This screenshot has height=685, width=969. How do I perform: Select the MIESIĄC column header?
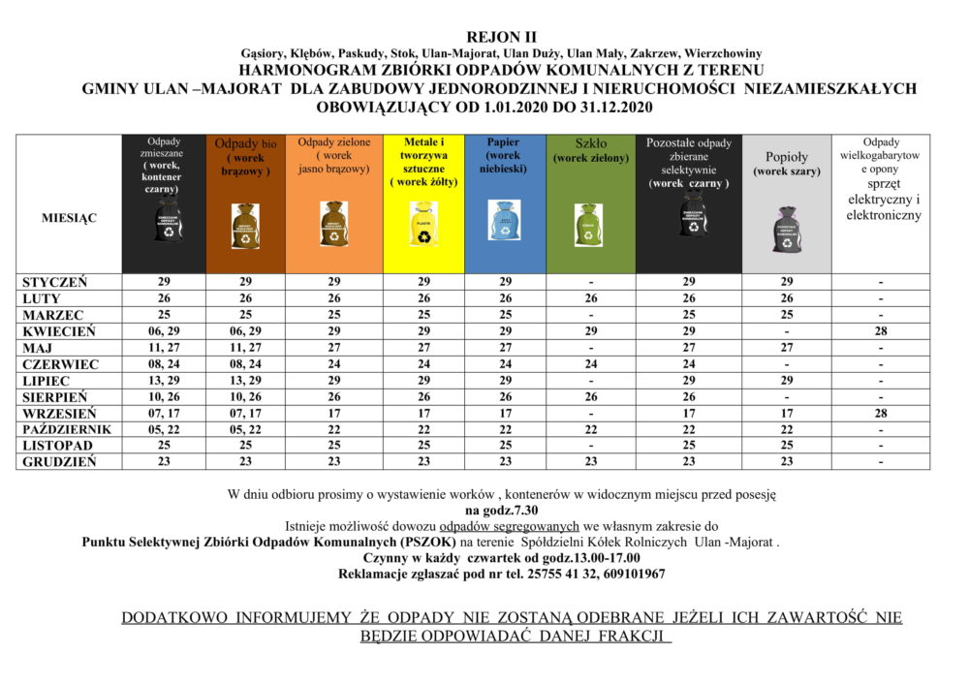pos(68,218)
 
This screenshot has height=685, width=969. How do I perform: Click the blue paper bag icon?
pos(505,221)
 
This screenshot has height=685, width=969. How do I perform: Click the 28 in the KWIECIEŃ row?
pos(880,330)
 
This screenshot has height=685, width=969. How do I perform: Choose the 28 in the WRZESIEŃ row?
pos(880,413)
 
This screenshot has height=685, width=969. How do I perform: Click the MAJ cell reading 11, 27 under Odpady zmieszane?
pos(164,347)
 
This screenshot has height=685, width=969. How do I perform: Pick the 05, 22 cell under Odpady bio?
pos(244,429)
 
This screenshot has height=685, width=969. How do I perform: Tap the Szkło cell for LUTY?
pos(590,298)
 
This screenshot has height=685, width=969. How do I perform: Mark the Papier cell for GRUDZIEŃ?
pos(505,462)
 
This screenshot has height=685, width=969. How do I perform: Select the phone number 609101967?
pos(631,574)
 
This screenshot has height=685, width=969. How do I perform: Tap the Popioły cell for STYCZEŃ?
pos(787,281)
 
